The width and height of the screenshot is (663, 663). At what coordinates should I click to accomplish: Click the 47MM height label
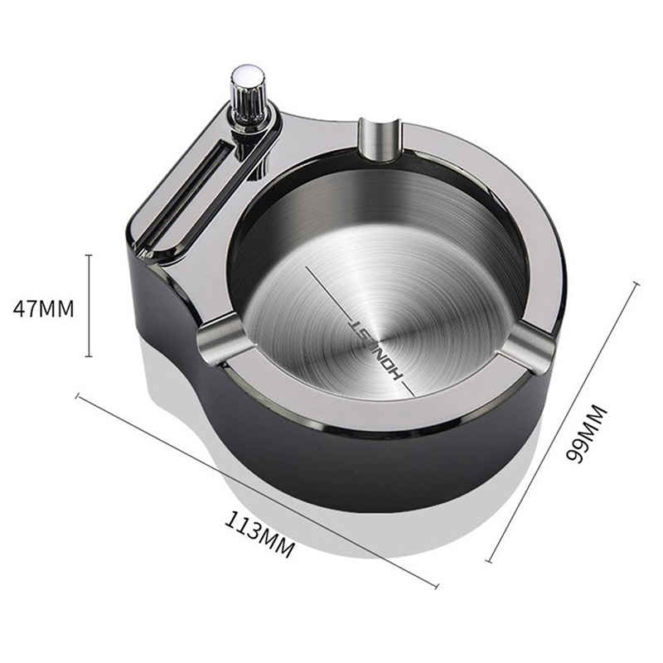[44, 308]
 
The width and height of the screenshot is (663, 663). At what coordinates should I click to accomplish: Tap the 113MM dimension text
[259, 534]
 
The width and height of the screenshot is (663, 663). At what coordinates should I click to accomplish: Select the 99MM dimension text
[586, 434]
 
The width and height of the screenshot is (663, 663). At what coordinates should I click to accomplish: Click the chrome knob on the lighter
[246, 99]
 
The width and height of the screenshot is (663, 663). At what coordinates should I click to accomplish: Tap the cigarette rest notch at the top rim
[379, 140]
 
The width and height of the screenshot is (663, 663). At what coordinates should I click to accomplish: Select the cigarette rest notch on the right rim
[527, 344]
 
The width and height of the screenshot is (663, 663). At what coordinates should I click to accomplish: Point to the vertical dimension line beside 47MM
[89, 306]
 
